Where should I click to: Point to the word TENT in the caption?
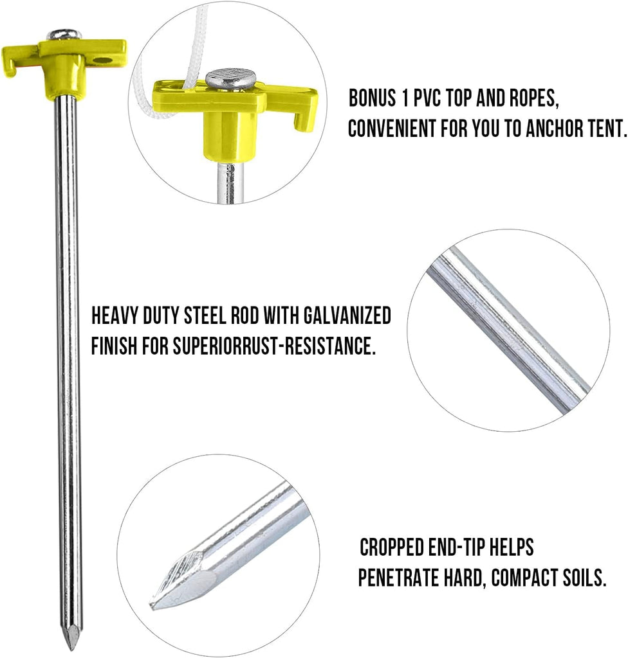(x=605, y=129)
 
